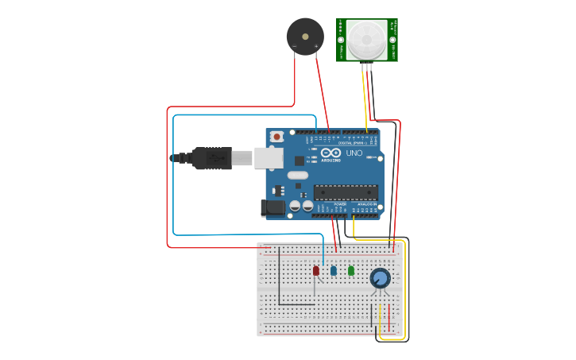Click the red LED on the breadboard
click(x=315, y=270)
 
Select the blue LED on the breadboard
click(x=333, y=270)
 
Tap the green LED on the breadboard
click(x=350, y=270)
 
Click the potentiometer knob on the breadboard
click(x=380, y=278)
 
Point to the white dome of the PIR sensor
click(x=366, y=37)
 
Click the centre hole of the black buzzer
click(x=305, y=36)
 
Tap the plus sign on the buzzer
click(x=316, y=47)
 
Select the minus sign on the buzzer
click(x=294, y=47)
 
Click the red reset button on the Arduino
click(x=276, y=137)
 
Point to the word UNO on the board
click(x=354, y=152)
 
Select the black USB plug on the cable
click(x=211, y=158)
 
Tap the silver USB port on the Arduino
click(x=269, y=157)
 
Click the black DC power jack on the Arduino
click(x=273, y=207)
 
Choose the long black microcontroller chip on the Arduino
click(x=346, y=191)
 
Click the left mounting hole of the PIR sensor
click(x=341, y=40)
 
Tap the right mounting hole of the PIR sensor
click(x=392, y=40)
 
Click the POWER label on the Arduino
click(x=339, y=204)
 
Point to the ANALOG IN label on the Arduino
click(x=366, y=204)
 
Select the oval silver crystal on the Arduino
click(x=297, y=175)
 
